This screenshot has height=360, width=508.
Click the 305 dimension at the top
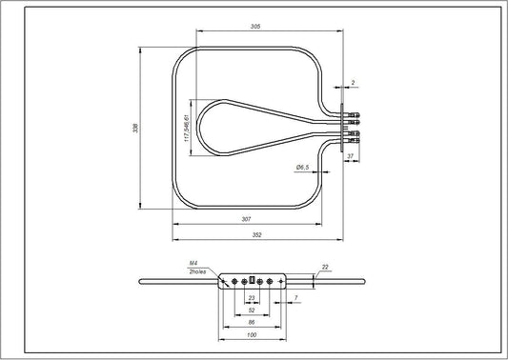255,27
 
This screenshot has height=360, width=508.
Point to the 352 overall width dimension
255,236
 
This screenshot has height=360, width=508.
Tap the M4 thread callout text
193,264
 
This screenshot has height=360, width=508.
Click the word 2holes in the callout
197,272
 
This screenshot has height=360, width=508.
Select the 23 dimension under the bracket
252,299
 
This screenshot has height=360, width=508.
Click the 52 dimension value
252,310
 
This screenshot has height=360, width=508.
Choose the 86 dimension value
252,323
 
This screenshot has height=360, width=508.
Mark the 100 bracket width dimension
252,336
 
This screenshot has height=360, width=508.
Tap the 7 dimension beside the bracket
296,299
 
